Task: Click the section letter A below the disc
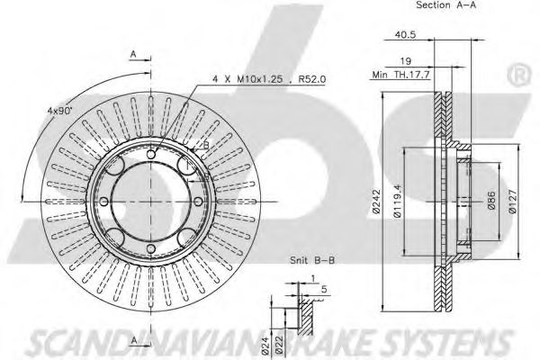[x=133, y=340]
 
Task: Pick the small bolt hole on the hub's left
[x=104, y=200]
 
